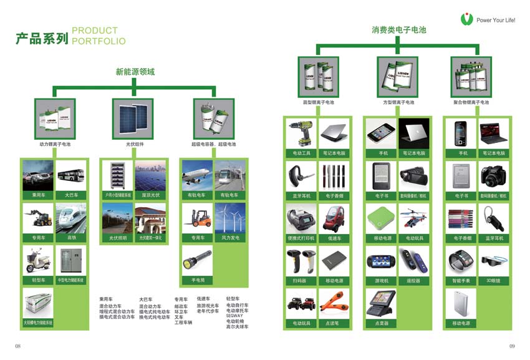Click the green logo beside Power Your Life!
pyautogui.click(x=466, y=19)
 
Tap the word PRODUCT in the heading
pyautogui.click(x=95, y=31)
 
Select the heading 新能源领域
pyautogui.click(x=135, y=72)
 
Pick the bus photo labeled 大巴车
pyautogui.click(x=71, y=175)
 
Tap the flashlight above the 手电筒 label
pyautogui.click(x=197, y=259)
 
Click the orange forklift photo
pyautogui.click(x=197, y=219)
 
